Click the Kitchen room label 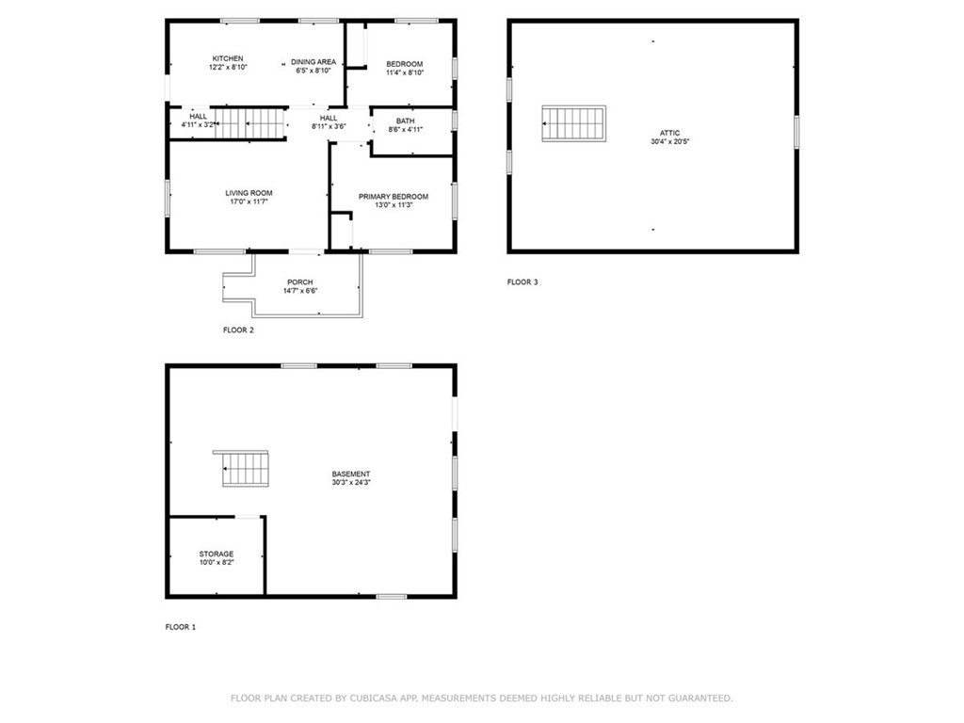click(228, 58)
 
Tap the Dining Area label click(313, 62)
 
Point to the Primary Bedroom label click(394, 197)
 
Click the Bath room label click(405, 120)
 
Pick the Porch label click(300, 281)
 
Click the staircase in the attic click(573, 124)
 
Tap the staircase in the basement click(247, 469)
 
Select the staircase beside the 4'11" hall click(248, 123)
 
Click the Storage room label click(217, 554)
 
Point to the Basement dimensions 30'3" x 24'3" click(351, 484)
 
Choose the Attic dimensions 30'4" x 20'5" click(669, 143)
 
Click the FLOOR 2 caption click(238, 330)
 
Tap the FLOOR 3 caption click(522, 281)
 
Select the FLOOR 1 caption click(181, 627)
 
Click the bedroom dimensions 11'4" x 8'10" click(405, 72)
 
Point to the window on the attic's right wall click(796, 131)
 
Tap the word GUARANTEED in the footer click(699, 699)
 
